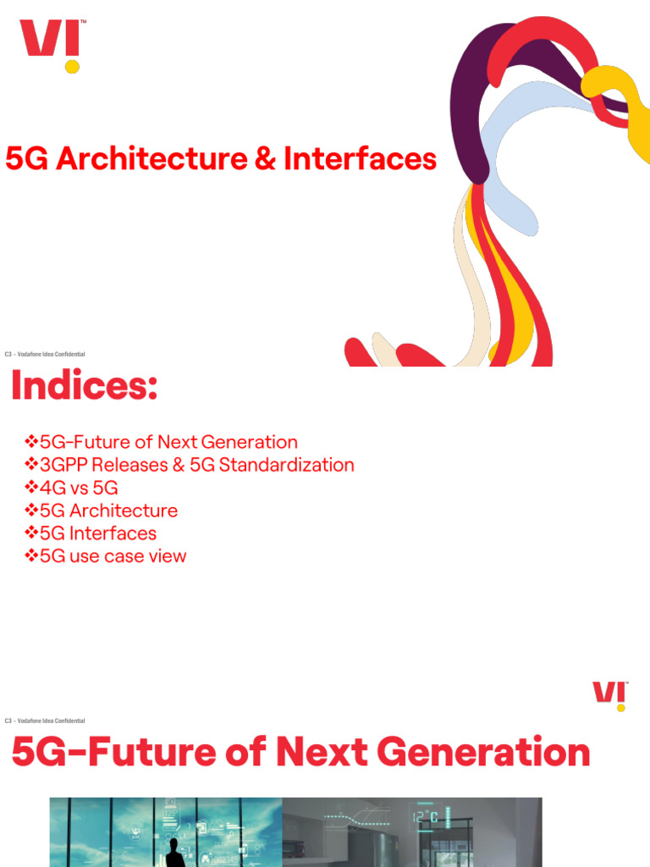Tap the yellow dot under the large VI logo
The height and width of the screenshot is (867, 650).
click(73, 65)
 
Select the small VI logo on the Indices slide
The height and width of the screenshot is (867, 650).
click(609, 693)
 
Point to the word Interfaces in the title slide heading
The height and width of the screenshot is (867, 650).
click(360, 159)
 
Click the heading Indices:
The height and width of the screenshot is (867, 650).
click(84, 387)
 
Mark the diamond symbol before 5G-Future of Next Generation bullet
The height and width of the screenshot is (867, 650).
click(32, 442)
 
